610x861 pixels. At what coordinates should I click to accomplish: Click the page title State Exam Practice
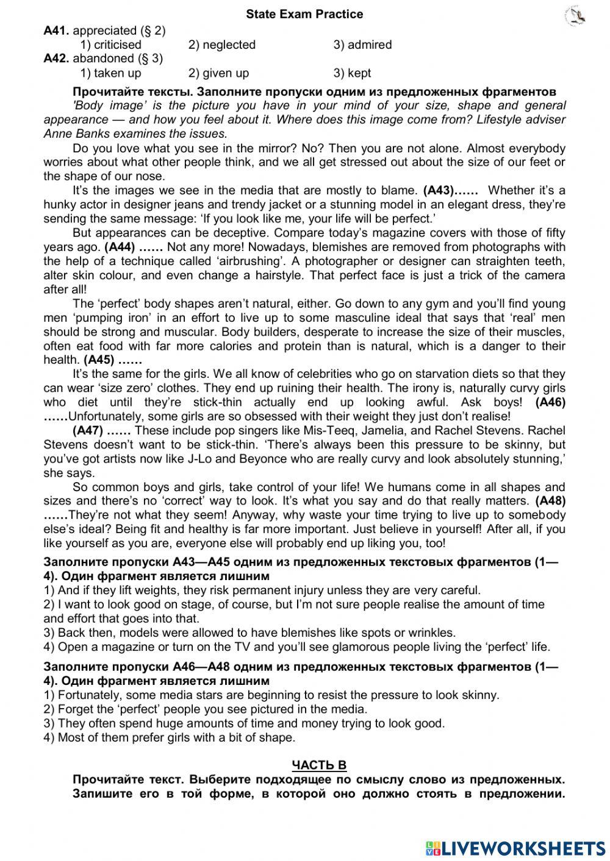tap(304, 14)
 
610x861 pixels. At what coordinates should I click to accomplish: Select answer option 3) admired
tap(362, 44)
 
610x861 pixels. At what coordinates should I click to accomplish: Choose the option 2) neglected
tap(221, 44)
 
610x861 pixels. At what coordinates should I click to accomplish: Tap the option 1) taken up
tap(110, 73)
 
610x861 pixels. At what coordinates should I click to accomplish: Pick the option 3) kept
tap(352, 73)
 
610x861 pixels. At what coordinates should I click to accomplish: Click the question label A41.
tap(57, 30)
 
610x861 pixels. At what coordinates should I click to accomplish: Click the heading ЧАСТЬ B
tap(319, 765)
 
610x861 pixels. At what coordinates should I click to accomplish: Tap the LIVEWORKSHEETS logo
tap(515, 848)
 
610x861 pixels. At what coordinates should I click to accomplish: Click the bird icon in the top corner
tap(575, 16)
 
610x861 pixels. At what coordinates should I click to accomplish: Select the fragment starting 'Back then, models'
tap(249, 632)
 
